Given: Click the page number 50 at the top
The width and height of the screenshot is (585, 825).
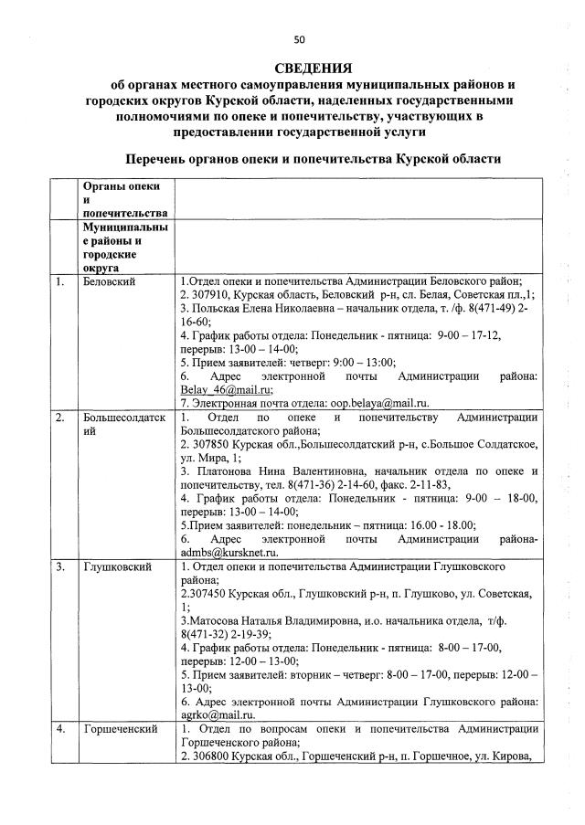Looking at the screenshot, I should pos(299,39).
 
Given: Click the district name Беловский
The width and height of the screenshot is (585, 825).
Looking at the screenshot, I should pos(110,281).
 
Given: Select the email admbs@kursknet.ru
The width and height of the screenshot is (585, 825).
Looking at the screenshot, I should pos(228,553).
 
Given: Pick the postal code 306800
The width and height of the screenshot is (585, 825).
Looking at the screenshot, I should pos(209,756).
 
